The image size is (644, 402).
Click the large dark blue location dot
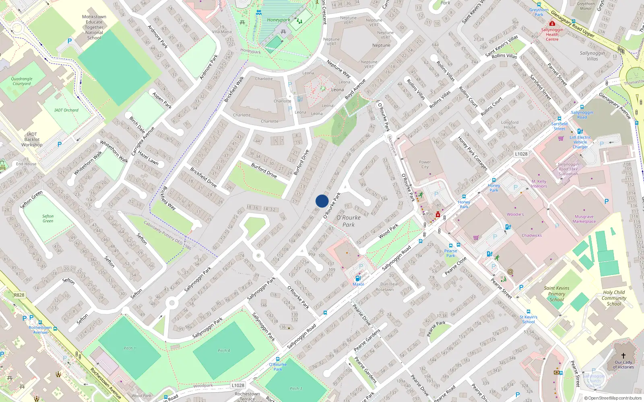322,201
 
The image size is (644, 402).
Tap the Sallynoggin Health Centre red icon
552,24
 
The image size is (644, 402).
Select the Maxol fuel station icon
358,278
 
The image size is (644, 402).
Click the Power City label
425,164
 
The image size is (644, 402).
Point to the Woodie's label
515,214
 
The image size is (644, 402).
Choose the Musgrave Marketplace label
584,219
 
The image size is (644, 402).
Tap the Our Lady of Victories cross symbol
623,356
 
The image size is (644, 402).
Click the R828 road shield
19,295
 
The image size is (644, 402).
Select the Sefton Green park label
48,218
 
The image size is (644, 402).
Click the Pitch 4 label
224,351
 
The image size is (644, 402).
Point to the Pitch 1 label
130,348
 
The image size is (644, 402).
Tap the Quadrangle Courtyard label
22,81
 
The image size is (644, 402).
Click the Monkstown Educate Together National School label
94,27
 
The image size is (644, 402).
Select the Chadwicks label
532,236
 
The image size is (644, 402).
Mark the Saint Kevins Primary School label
557,294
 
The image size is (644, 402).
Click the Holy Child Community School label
614,298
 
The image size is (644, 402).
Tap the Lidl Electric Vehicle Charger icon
580,131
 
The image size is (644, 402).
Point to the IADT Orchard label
66,110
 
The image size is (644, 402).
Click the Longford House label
510,125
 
